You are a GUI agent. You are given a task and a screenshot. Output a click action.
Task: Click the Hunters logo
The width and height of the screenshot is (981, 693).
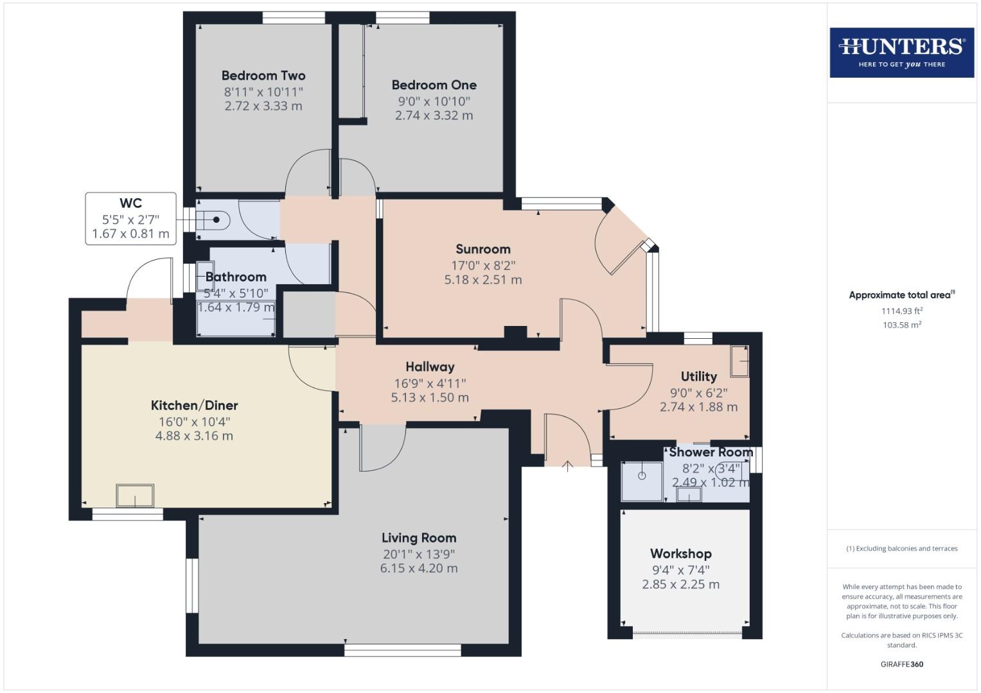pyautogui.click(x=901, y=52)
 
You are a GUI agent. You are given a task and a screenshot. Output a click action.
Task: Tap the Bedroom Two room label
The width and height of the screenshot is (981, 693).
pyautogui.click(x=263, y=76)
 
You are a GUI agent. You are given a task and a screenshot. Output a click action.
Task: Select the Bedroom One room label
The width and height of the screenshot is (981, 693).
pyautogui.click(x=434, y=85)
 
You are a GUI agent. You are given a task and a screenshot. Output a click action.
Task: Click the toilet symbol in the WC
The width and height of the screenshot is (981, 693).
pyautogui.click(x=215, y=220)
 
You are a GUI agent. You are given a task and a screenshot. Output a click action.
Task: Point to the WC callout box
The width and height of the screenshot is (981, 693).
pyautogui.click(x=130, y=218)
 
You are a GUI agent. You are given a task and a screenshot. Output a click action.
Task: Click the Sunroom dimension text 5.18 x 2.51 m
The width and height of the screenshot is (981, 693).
pyautogui.click(x=483, y=280)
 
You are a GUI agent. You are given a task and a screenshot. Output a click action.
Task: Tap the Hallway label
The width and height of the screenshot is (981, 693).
pyautogui.click(x=430, y=367)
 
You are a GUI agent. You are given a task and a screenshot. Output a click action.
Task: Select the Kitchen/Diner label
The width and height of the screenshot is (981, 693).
pyautogui.click(x=194, y=406)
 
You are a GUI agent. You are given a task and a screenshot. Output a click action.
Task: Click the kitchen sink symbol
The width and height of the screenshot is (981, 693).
pyautogui.click(x=135, y=496)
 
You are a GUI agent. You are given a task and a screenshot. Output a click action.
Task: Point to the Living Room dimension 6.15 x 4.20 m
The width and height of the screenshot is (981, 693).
pyautogui.click(x=419, y=569)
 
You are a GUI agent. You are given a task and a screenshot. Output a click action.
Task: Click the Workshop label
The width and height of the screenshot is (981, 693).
pyautogui.click(x=681, y=554)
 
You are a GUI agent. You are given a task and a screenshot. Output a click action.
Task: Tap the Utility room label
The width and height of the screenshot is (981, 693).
pyautogui.click(x=698, y=377)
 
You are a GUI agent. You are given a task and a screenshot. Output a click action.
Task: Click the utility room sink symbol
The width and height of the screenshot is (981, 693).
pyautogui.click(x=739, y=361)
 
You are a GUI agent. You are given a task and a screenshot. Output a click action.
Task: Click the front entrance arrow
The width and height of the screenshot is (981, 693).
pyautogui.click(x=567, y=466)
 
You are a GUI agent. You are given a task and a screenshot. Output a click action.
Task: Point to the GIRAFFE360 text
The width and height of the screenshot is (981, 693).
pyautogui.click(x=902, y=664)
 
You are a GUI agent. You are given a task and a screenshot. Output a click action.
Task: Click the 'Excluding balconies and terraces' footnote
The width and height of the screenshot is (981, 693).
pyautogui.click(x=902, y=549)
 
